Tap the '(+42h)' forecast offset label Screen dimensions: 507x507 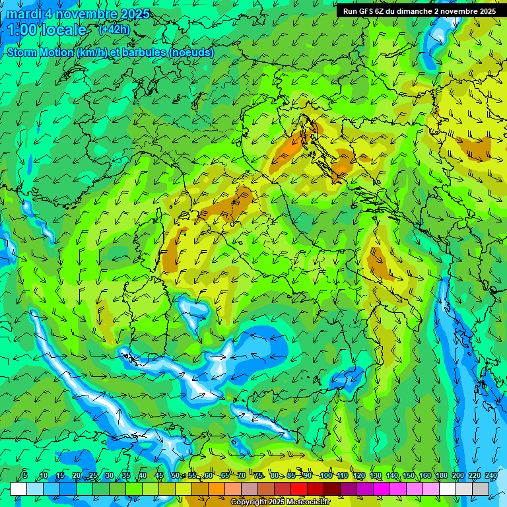tap(114, 30)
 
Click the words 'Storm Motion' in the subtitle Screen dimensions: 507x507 tap(39, 52)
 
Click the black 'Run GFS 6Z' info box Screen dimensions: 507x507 tap(419, 11)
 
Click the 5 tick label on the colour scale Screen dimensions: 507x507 tap(25, 475)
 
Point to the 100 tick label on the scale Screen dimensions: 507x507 tap(325, 475)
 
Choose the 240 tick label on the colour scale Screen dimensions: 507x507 tap(490, 475)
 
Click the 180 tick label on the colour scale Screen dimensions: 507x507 tap(442, 475)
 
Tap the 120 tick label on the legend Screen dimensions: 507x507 tap(358, 475)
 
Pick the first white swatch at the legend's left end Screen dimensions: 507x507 tap(18, 489)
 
